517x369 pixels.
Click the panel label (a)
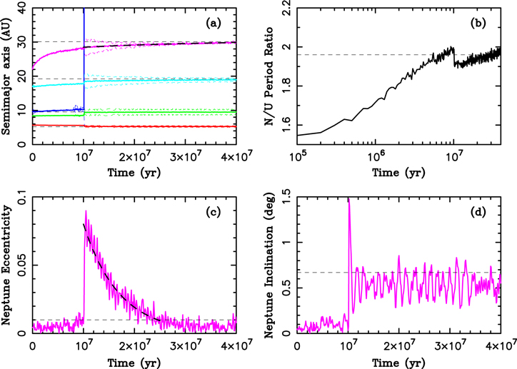213,23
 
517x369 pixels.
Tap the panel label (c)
213,213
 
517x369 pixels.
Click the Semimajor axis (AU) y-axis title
6,76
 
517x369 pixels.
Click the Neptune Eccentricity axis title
6,266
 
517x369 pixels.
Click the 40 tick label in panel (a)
22,7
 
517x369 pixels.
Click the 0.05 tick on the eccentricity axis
20,266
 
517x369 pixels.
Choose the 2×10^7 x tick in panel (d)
398,343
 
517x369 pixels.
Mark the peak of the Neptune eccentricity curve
86,211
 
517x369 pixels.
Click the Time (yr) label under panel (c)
134,363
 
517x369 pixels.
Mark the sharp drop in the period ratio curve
453,56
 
